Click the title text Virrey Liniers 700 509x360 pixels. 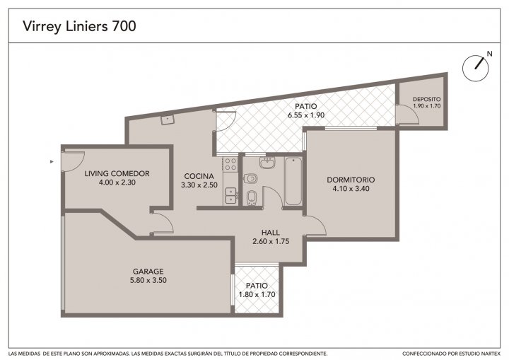(x=79, y=26)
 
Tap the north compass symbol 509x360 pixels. (x=476, y=68)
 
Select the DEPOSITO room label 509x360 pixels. (x=427, y=100)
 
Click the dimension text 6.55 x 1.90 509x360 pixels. (x=306, y=115)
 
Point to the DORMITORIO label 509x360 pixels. (x=351, y=180)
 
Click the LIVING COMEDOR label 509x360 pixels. (x=117, y=173)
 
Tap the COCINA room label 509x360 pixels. (x=199, y=176)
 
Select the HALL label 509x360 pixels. (x=271, y=233)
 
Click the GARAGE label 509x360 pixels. (x=148, y=272)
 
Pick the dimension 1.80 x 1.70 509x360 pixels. (x=257, y=295)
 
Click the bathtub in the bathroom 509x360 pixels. (x=293, y=181)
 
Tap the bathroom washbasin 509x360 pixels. (x=267, y=163)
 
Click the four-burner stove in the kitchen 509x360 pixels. (x=230, y=164)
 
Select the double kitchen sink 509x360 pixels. (x=231, y=195)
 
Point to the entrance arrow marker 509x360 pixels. (x=52, y=161)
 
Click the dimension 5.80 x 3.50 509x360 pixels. (x=148, y=280)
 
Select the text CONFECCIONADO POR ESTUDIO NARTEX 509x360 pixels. (x=451, y=354)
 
